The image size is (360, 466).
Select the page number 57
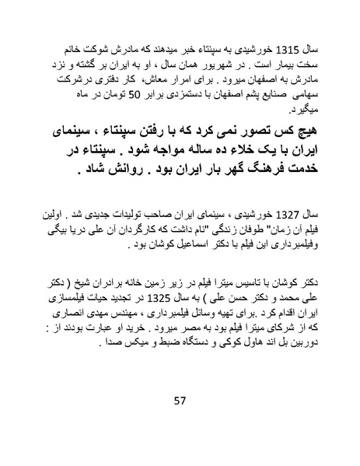180,401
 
